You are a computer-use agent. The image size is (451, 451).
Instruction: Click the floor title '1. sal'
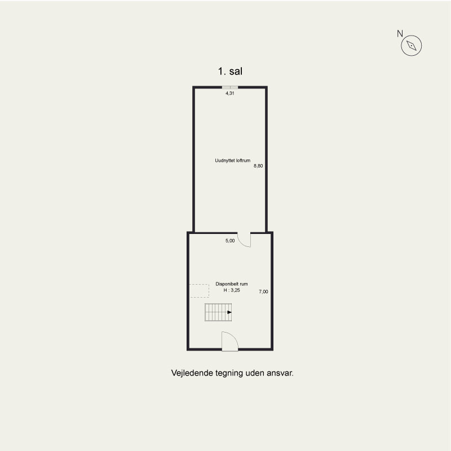[x=230, y=72]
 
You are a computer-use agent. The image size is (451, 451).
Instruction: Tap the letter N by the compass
[x=400, y=34]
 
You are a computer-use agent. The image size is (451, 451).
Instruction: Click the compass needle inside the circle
[x=412, y=46]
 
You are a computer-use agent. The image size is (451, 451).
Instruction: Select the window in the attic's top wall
[x=230, y=87]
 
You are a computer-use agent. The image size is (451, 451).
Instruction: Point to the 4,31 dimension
[x=230, y=93]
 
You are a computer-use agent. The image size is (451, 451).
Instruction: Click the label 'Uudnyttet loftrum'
[x=233, y=161]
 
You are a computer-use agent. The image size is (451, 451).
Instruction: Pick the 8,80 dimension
[x=258, y=166]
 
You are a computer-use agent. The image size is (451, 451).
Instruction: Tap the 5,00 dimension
[x=230, y=241]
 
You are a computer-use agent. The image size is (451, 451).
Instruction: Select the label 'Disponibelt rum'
[x=232, y=284]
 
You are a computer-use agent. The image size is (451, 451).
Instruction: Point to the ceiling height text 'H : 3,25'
[x=232, y=290]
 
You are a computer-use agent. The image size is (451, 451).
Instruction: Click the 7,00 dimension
[x=263, y=291]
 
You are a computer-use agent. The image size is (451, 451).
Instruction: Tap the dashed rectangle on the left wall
[x=199, y=291]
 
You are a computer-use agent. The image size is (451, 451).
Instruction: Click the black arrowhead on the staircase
[x=229, y=312]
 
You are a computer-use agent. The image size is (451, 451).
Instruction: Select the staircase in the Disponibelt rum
[x=218, y=312]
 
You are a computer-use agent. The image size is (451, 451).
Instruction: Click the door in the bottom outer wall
[x=230, y=342]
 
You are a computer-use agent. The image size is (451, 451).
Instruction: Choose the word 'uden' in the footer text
[x=255, y=373]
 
